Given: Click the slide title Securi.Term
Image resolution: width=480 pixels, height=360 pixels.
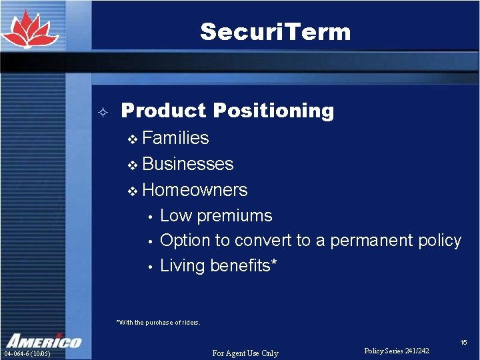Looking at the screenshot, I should (x=275, y=31).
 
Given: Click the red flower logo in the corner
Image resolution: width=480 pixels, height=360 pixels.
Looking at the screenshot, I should (x=29, y=31).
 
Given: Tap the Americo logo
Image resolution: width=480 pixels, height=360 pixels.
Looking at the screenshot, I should (x=43, y=341).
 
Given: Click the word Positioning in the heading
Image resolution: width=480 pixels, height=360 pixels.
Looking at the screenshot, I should (x=270, y=111).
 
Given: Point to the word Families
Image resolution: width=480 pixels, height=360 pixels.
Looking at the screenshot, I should (x=175, y=138).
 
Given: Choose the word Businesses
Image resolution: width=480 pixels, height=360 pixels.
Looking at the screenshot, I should (x=187, y=164).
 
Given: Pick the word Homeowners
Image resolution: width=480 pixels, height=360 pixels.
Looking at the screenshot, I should (x=195, y=190).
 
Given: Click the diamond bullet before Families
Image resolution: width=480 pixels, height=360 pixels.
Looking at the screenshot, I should (x=132, y=139).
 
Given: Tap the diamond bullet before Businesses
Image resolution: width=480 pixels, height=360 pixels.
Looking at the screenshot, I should (x=132, y=165).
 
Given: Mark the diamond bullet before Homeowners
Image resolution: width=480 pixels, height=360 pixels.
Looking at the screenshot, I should (x=132, y=191).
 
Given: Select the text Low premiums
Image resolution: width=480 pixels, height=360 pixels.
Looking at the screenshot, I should (x=216, y=215).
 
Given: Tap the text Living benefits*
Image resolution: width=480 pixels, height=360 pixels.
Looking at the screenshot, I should (x=219, y=265).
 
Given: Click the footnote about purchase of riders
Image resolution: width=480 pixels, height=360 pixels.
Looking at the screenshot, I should (x=158, y=323).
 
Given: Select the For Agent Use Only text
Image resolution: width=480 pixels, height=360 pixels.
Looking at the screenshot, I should (x=245, y=353).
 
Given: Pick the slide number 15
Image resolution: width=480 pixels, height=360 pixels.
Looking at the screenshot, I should (x=463, y=342).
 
